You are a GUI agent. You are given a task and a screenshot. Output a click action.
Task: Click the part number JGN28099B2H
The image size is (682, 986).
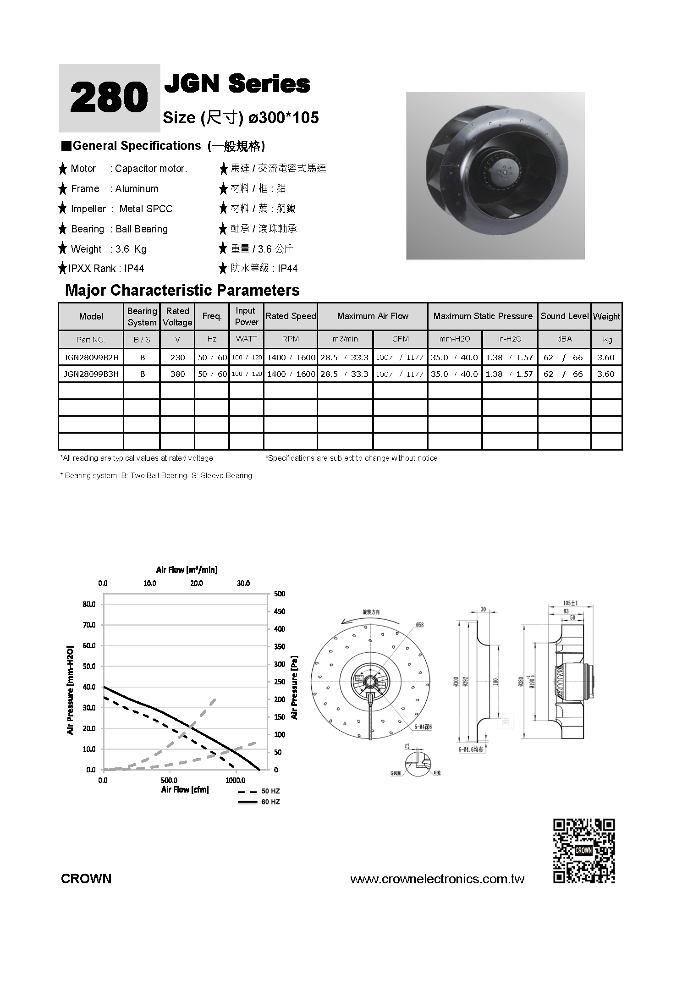pos(91,358)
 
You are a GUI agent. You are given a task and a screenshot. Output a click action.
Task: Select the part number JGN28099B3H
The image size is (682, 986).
pos(91,374)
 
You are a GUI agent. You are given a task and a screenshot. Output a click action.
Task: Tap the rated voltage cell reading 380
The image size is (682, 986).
pos(177,374)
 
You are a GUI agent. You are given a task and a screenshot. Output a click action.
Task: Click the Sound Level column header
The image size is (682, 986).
pos(564,316)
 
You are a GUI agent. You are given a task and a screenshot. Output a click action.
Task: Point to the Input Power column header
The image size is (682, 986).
pos(247,316)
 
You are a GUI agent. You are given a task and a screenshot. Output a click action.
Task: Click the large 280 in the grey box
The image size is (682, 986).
pos(109,98)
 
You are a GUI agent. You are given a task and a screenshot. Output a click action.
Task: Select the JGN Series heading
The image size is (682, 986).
pos(237,84)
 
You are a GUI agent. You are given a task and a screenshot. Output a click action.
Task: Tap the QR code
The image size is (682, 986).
pos(583,851)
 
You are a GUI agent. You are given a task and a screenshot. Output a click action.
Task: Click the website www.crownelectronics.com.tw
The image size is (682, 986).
pos(437,879)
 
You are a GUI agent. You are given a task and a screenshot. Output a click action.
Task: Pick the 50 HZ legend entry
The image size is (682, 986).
pos(258,791)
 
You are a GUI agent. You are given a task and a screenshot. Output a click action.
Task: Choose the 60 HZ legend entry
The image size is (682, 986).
pos(258,802)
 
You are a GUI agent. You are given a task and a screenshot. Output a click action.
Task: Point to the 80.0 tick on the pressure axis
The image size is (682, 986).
pos(89,604)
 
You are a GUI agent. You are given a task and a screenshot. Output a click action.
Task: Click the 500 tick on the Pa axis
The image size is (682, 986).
pos(279,594)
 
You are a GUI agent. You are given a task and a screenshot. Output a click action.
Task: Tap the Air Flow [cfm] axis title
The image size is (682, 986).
pos(185,789)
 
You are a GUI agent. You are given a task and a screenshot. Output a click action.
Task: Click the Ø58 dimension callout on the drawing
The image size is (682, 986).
pos(419,624)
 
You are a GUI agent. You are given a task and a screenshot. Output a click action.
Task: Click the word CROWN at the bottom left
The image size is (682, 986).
pos(86,879)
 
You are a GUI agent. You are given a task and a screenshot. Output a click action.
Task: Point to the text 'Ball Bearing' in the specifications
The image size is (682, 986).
pos(142,229)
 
